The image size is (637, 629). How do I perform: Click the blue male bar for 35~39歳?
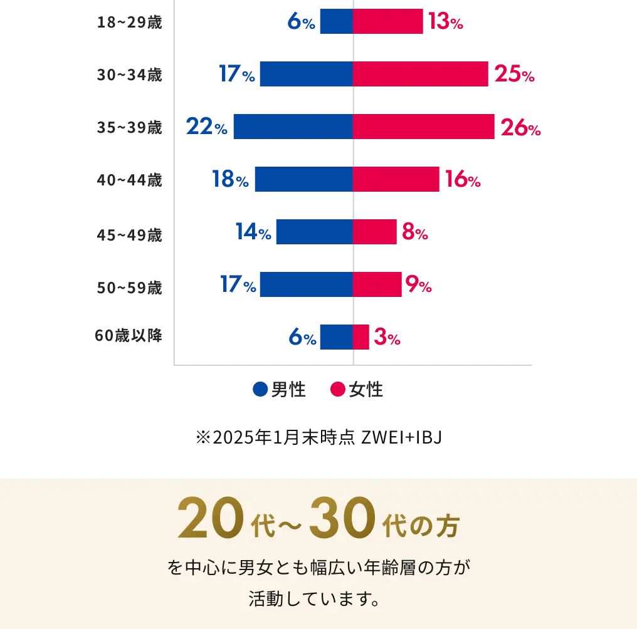293,127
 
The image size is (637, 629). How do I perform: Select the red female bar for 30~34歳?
420,74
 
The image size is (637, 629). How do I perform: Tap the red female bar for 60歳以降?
361,337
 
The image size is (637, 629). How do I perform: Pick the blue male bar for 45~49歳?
314,232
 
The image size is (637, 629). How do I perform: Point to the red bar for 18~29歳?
388,21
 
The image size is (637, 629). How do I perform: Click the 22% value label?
206,127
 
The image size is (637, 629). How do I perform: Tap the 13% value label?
445,23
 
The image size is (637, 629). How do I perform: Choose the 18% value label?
231,180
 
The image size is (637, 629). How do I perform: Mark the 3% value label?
386,338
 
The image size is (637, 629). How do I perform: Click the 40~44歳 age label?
129,180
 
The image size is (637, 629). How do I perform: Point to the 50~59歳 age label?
129,288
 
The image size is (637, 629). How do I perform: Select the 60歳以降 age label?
129,336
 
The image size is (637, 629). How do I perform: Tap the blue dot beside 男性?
260,390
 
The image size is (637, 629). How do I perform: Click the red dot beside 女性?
338,390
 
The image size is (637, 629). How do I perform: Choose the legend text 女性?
366,390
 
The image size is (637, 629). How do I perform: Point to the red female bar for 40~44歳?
396,179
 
